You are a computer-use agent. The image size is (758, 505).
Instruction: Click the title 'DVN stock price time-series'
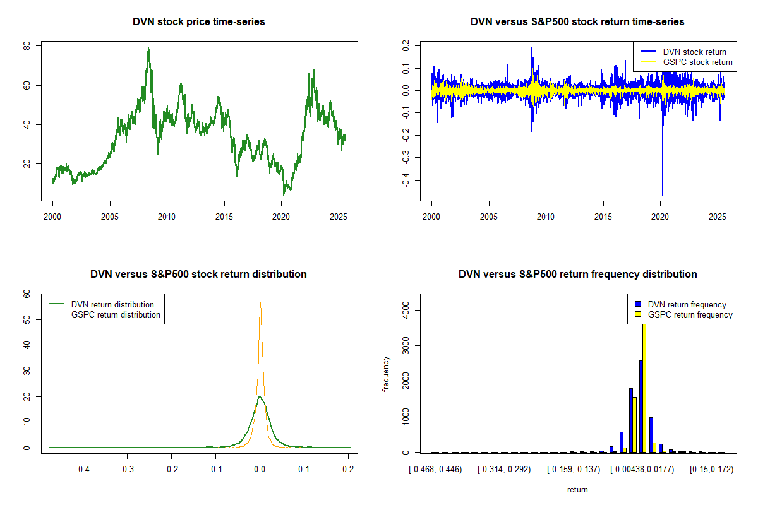click(198, 22)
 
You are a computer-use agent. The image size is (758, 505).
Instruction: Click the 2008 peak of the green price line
click(148, 48)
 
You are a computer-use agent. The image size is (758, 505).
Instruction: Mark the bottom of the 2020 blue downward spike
click(662, 194)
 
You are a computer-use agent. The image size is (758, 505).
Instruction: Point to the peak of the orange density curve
click(260, 303)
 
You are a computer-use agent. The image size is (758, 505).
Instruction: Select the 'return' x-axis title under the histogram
click(577, 489)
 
